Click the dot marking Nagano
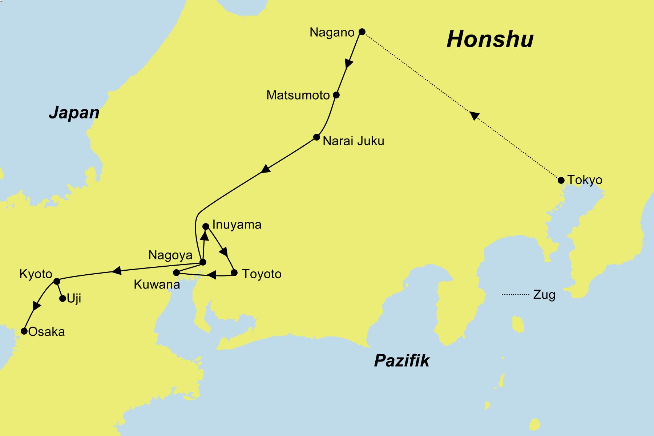point(362,32)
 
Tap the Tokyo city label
point(585,180)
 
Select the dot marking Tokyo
point(561,180)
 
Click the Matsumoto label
point(298,95)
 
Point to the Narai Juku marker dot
point(316,137)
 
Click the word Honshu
point(490,39)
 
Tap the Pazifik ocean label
point(401,360)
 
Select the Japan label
point(74,112)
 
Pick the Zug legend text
point(544,295)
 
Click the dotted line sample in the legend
point(516,294)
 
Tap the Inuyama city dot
point(206,226)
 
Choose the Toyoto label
point(262,274)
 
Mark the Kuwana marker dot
point(176,272)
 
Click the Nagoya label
point(170,255)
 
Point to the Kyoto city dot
point(57,281)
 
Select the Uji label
point(74,299)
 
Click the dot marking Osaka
point(24,331)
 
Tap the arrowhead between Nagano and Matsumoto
point(348,64)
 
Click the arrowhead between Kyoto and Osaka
point(36,306)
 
